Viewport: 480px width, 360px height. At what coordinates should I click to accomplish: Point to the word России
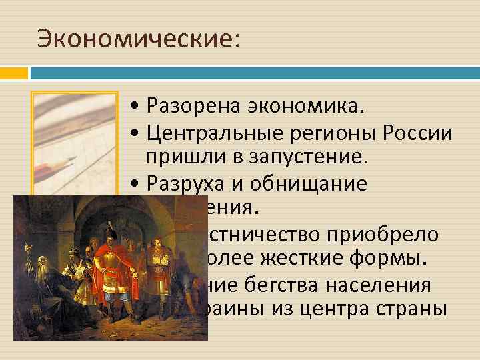pos(417,133)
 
